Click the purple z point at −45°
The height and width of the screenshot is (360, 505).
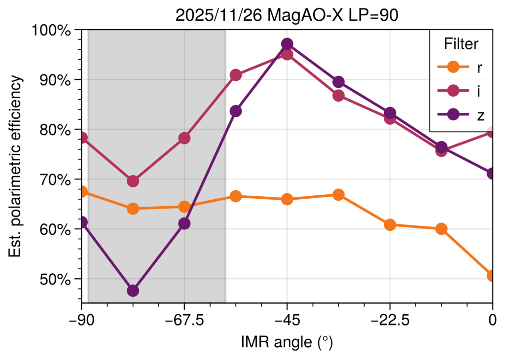tap(287, 44)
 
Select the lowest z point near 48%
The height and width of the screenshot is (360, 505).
tap(133, 290)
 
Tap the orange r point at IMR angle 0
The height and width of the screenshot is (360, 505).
tap(492, 275)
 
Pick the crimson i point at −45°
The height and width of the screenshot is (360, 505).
tap(287, 54)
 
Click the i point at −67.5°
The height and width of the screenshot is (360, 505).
tap(184, 138)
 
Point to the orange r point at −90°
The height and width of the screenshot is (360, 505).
tap(82, 191)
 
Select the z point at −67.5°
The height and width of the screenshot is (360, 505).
tap(184, 223)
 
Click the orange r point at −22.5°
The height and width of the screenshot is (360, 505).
tap(390, 225)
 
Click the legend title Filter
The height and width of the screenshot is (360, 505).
tap(461, 44)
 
